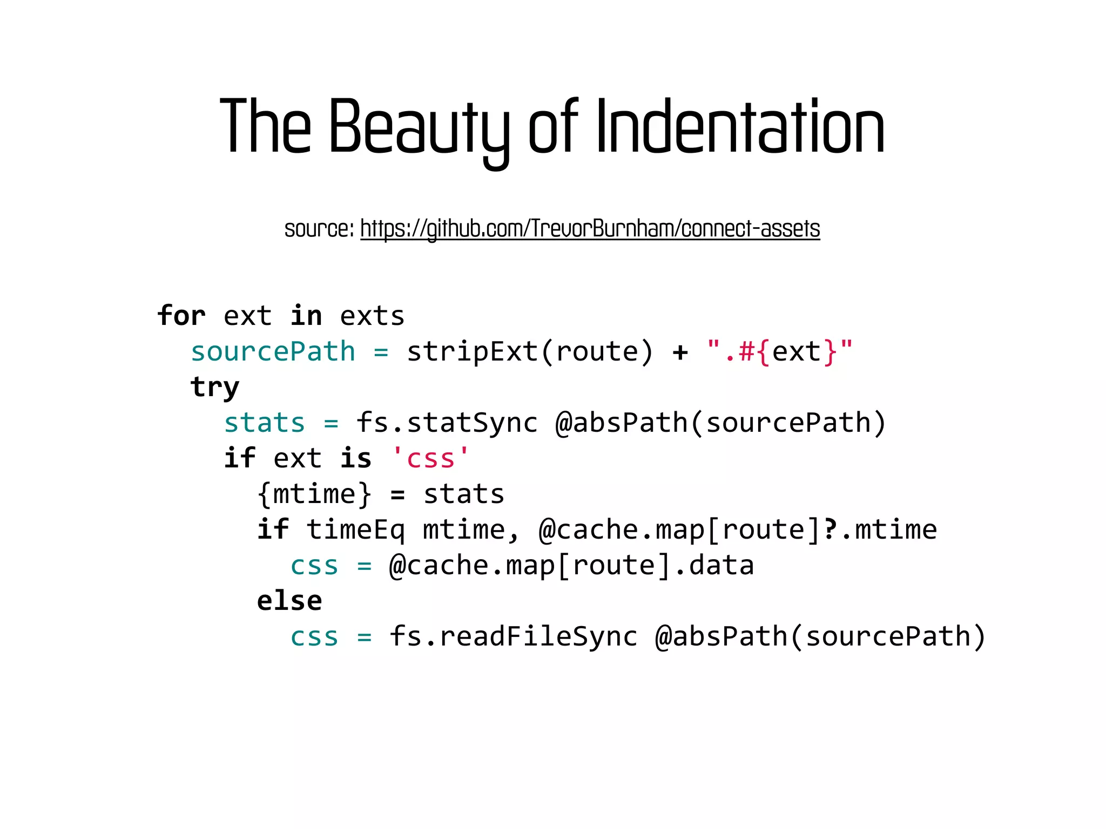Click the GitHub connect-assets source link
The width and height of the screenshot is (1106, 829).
point(590,228)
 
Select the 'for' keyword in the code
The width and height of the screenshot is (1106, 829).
point(181,316)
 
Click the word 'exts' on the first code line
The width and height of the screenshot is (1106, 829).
point(372,316)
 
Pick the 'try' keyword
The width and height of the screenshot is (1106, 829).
point(214,387)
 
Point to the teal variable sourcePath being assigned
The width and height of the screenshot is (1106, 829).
point(273,351)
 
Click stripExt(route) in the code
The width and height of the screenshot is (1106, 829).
point(530,351)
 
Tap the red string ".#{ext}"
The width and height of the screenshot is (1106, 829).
point(779,351)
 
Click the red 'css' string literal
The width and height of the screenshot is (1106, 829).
point(430,458)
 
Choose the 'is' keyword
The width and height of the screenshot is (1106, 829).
point(356,458)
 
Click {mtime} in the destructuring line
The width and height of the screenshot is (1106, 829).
point(314,494)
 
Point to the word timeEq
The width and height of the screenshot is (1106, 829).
point(355,529)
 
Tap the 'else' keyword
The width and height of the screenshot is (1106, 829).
point(289,601)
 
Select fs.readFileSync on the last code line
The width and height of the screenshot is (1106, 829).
point(513,636)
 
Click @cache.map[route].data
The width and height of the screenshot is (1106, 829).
point(571,565)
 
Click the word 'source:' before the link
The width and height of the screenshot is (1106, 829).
point(319,228)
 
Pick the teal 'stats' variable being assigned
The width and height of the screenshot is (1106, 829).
point(265,423)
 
